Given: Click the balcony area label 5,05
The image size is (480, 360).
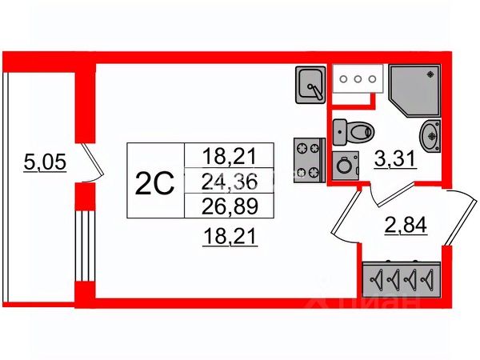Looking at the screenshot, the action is (45, 162).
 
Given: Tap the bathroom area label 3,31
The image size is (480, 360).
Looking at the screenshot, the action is (394, 159).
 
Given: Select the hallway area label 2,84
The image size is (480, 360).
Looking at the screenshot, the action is (406, 226).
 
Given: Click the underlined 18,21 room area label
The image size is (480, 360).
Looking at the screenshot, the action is (230, 237).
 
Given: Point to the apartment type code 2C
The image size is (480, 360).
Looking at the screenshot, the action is (155, 184).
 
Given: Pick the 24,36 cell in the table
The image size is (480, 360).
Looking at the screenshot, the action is (230, 182).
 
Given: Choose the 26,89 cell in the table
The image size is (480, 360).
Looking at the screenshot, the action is (230, 206).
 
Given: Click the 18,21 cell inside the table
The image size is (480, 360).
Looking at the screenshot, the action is (230, 155).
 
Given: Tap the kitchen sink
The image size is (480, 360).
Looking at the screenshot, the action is (310, 85).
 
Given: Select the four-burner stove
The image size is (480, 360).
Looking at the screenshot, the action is (309, 161).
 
